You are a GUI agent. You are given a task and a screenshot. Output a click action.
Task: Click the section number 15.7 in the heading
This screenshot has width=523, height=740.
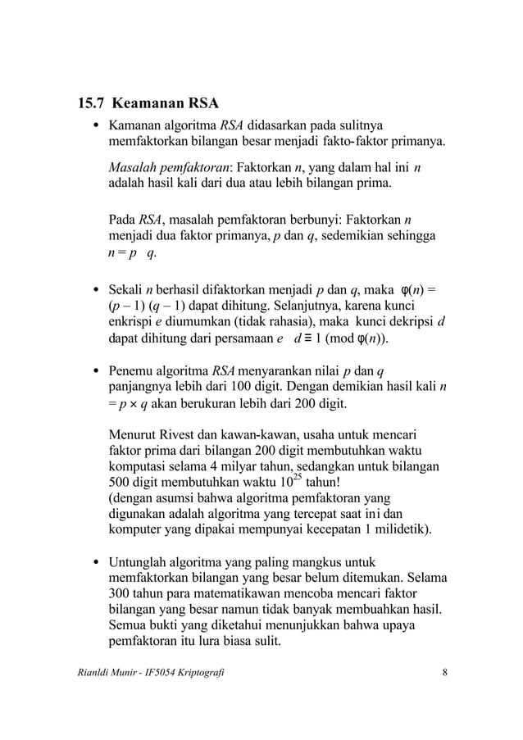[90, 105]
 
